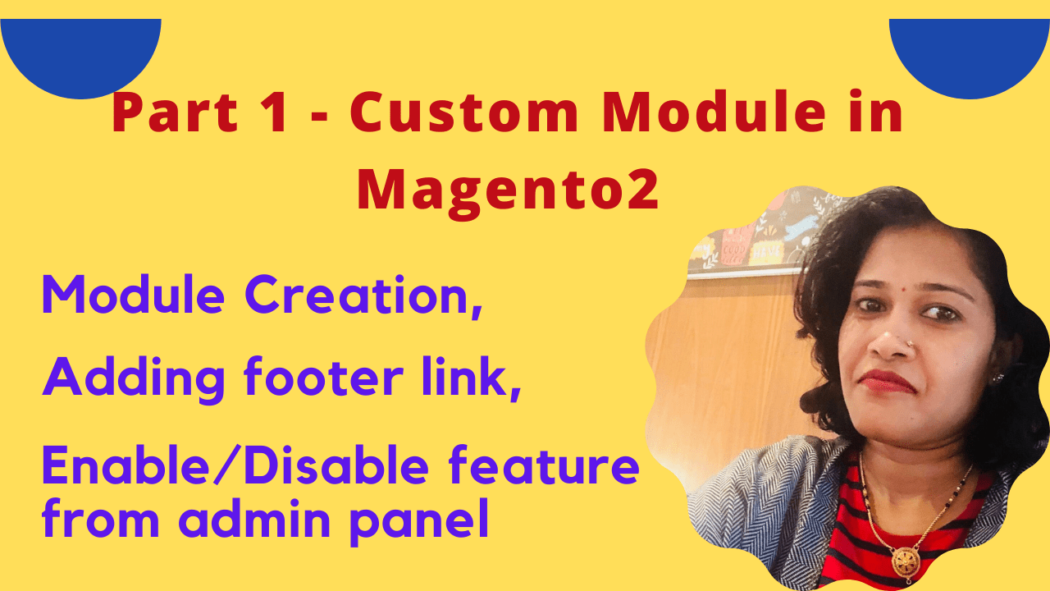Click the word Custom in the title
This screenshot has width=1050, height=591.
click(x=464, y=112)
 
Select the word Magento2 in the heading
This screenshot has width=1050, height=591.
click(x=508, y=191)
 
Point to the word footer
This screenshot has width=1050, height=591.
click(x=323, y=378)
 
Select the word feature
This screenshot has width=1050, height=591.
click(x=544, y=465)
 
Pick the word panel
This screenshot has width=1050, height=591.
click(x=419, y=520)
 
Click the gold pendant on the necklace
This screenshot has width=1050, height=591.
click(x=905, y=561)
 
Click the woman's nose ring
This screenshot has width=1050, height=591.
click(x=910, y=343)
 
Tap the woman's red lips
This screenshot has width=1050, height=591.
click(x=888, y=382)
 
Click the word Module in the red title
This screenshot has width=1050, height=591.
click(x=714, y=112)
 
